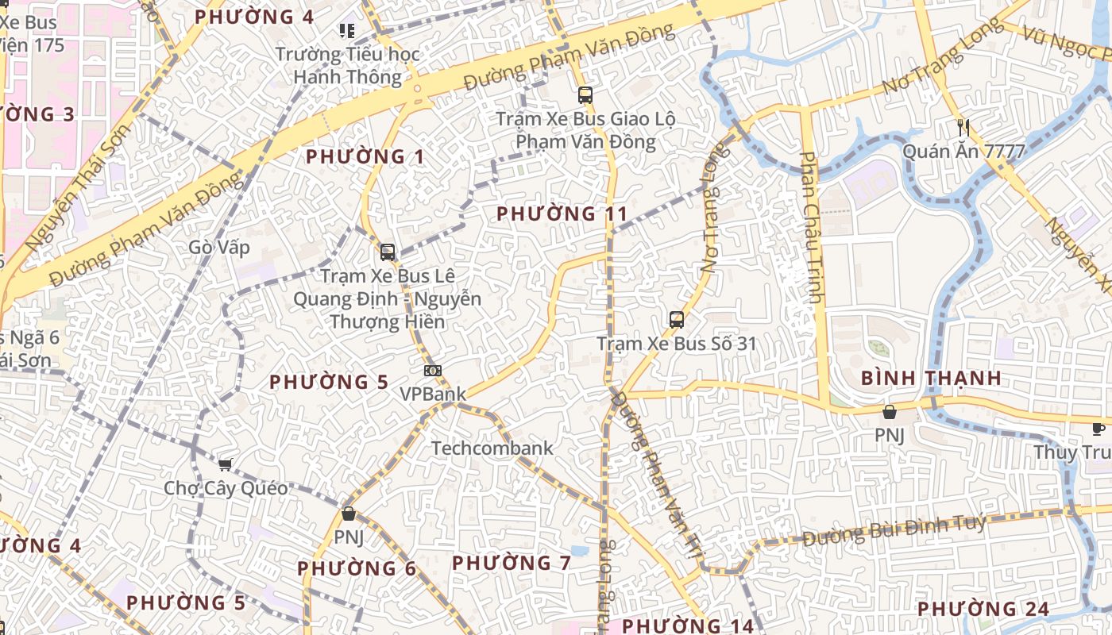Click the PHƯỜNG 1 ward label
[365, 156]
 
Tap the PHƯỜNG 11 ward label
[562, 214]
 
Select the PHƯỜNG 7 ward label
[512, 563]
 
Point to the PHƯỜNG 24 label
[983, 609]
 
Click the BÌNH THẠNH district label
[932, 377]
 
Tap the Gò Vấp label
[219, 248]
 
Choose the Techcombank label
[492, 448]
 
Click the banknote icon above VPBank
[433, 371]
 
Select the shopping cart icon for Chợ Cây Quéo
[226, 464]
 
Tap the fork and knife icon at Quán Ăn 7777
[963, 126]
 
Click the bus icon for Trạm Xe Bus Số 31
[677, 320]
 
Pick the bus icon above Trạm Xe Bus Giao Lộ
[585, 95]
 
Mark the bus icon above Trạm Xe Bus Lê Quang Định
[388, 252]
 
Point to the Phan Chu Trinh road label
[811, 228]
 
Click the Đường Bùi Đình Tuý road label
[894, 529]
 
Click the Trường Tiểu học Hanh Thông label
[348, 66]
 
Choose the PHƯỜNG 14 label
[688, 625]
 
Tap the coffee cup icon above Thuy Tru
[1098, 429]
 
